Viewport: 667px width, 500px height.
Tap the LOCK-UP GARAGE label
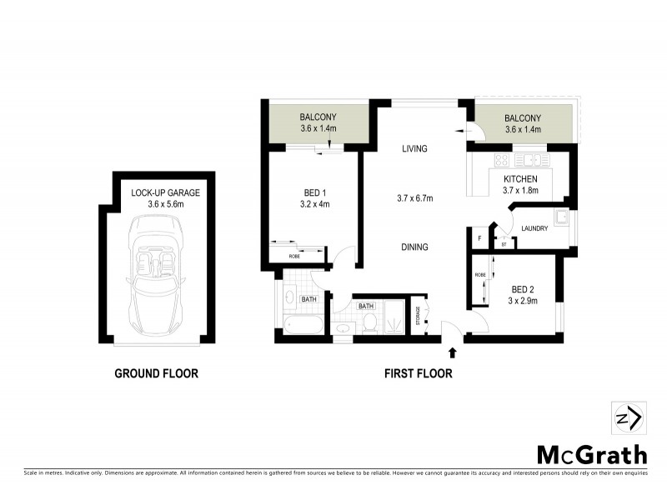point(165,192)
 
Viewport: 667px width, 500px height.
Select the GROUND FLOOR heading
point(156,373)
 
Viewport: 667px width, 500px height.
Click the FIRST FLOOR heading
point(418,373)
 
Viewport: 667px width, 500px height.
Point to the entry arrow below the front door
point(452,354)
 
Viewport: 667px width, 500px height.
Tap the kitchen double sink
point(529,159)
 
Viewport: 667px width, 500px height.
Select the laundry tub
point(564,219)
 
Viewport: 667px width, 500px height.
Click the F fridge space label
point(479,239)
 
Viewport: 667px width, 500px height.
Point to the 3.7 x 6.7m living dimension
point(414,197)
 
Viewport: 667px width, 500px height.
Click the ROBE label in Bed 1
point(293,256)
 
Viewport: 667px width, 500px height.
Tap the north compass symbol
point(625,417)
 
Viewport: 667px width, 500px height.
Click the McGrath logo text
point(591,454)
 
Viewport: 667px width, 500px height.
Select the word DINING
point(414,247)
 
